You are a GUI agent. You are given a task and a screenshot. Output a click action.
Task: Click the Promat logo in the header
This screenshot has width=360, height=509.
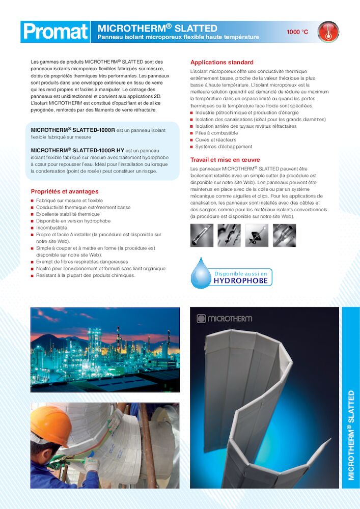(56, 32)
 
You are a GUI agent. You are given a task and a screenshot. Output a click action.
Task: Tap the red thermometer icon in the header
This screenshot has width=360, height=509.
(328, 32)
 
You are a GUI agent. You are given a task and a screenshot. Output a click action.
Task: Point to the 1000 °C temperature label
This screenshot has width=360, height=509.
(297, 32)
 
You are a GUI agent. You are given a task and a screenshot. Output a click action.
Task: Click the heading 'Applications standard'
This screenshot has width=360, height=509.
(221, 63)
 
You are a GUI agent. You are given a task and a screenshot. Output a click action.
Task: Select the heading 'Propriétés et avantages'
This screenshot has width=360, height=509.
(65, 191)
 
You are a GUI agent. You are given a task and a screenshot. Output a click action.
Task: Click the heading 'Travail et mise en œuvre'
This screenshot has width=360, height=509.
(225, 160)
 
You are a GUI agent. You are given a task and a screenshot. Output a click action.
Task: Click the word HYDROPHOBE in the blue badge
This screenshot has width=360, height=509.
(240, 280)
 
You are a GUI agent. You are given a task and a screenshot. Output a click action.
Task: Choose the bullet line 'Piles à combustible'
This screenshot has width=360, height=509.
(216, 133)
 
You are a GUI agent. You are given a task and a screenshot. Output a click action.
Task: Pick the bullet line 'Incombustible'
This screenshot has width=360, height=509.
(51, 228)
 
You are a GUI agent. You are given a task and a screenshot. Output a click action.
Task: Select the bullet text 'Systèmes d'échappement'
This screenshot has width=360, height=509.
(224, 147)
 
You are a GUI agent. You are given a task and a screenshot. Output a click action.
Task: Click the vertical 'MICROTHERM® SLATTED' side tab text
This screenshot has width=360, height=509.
(351, 435)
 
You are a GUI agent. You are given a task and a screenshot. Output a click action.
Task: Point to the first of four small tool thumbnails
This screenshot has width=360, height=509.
(201, 235)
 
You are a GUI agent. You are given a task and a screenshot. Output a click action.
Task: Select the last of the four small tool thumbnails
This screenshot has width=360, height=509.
(284, 235)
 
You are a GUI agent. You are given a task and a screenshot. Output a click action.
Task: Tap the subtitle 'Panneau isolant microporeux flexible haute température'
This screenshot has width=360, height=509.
(178, 38)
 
